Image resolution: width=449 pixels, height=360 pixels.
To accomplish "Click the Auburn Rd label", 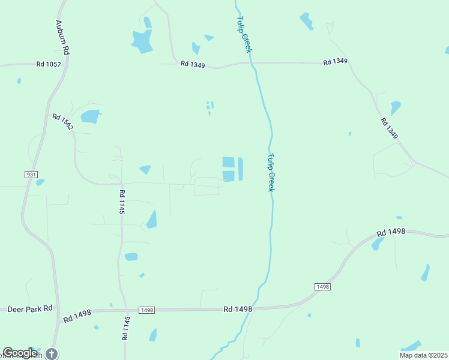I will [x=62, y=38].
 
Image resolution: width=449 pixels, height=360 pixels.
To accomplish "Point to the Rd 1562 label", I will [x=62, y=122].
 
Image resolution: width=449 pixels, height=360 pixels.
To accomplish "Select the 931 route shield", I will [x=32, y=174].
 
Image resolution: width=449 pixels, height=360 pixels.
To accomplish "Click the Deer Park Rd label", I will [x=30, y=309].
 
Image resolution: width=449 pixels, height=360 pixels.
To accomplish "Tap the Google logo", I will [x=20, y=353].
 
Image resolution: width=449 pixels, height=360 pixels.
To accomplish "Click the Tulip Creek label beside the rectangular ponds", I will [x=271, y=172].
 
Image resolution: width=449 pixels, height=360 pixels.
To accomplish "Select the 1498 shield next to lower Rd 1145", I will [x=146, y=310].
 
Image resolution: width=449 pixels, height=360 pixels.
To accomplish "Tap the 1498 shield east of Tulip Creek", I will [x=322, y=287].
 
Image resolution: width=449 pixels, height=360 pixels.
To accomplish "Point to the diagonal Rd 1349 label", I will [x=389, y=128].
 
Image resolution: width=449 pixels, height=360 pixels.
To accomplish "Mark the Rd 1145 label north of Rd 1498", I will [x=121, y=202].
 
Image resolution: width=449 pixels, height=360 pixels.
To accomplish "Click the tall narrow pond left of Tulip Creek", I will [x=241, y=169].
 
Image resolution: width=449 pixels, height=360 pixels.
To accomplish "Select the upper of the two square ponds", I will [x=228, y=162].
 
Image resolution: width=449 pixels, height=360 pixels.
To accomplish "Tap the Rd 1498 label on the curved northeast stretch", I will [x=391, y=232].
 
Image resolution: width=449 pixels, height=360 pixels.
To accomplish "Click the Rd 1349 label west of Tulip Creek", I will [x=192, y=64].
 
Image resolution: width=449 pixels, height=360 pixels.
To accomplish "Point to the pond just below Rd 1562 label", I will [x=90, y=116].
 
